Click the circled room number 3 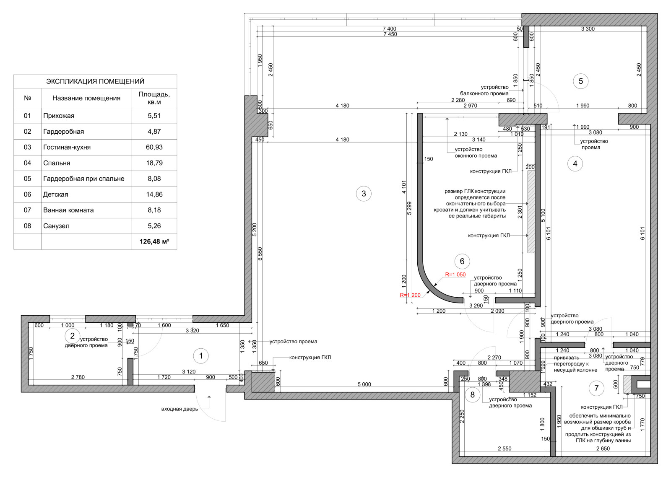pyautogui.click(x=364, y=193)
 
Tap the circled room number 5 pyautogui.click(x=580, y=81)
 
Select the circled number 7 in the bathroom pyautogui.click(x=596, y=388)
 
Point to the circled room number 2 pyautogui.click(x=72, y=336)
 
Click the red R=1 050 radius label pyautogui.click(x=455, y=274)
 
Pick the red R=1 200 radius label pyautogui.click(x=410, y=295)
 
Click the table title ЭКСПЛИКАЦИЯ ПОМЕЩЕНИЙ pyautogui.click(x=95, y=81)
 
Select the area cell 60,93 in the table pyautogui.click(x=154, y=147)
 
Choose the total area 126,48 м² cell pyautogui.click(x=154, y=241)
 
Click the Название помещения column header pyautogui.click(x=86, y=98)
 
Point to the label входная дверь pyautogui.click(x=180, y=409)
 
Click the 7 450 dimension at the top pyautogui.click(x=390, y=34)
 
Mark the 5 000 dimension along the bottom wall pyautogui.click(x=364, y=384)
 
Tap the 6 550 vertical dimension pyautogui.click(x=260, y=254)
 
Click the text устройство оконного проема pyautogui.click(x=476, y=153)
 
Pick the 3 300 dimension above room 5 pyautogui.click(x=588, y=29)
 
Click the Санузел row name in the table pyautogui.click(x=56, y=226)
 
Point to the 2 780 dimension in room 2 pyautogui.click(x=78, y=377)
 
